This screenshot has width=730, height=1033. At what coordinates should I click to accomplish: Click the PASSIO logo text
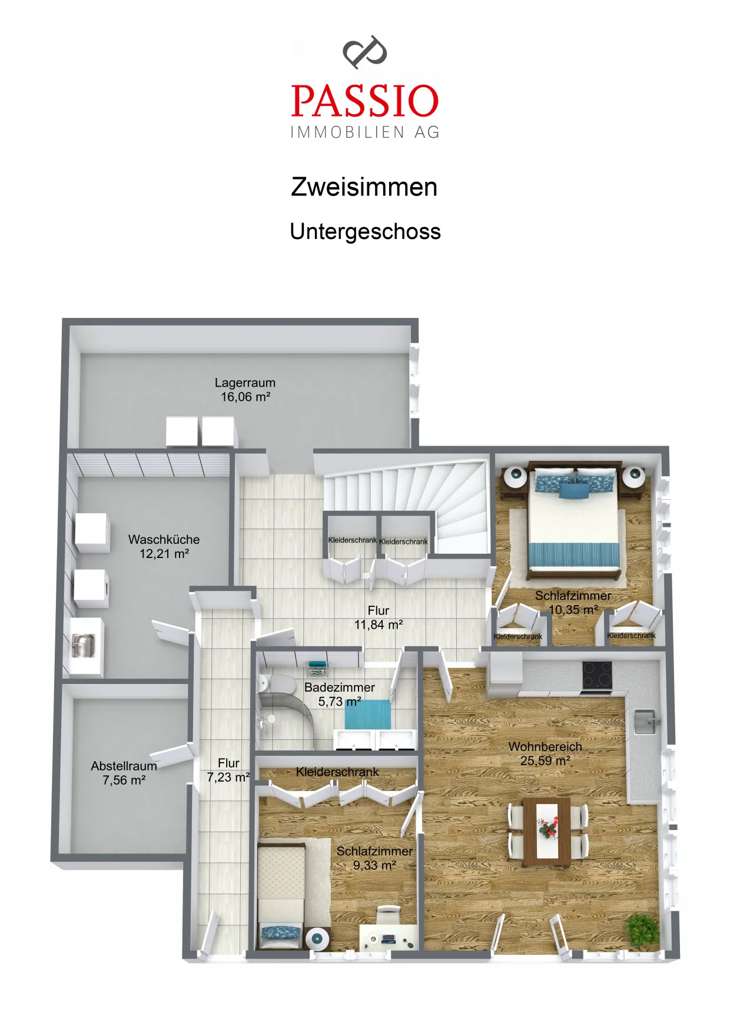point(365,101)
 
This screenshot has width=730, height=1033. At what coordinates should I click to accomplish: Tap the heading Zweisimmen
point(364,187)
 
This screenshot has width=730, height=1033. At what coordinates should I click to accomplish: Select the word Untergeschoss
point(365,232)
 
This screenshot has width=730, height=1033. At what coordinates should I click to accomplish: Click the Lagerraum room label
point(245,383)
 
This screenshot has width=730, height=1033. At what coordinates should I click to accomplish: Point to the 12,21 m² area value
point(164,554)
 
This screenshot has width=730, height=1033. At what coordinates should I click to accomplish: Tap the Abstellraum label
point(124,766)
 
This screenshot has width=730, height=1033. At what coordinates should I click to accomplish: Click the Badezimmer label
point(340,687)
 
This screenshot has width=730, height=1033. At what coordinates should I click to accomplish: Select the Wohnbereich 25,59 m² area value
point(545,761)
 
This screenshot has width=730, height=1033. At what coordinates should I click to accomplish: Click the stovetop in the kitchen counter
point(597,675)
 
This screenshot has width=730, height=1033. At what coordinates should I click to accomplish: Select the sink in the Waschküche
point(84,646)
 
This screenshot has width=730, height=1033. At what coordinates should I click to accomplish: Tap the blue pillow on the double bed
point(573,490)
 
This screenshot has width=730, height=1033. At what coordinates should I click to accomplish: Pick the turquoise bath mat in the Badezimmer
point(367,714)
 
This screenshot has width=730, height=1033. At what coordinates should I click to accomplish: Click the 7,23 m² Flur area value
point(228,778)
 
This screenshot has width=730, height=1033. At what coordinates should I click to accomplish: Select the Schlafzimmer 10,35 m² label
point(573,603)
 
